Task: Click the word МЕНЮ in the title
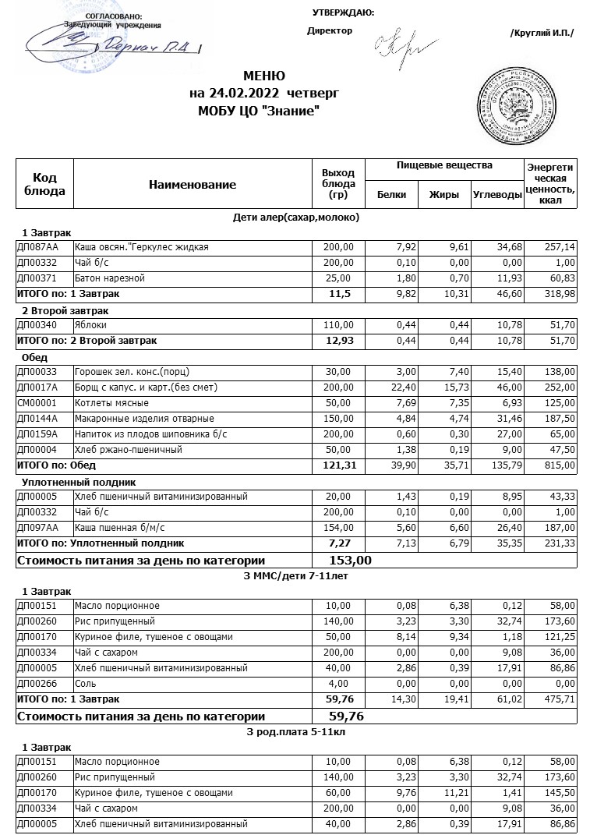click(x=264, y=76)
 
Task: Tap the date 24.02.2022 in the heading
click(x=231, y=94)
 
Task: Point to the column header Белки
click(x=391, y=195)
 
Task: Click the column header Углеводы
click(x=496, y=195)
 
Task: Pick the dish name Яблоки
click(x=91, y=325)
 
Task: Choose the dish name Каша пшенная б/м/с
click(x=114, y=528)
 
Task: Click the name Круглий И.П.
click(x=542, y=32)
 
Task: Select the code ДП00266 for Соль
click(x=37, y=684)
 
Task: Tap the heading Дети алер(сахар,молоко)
click(x=296, y=217)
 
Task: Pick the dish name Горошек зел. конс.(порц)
click(x=126, y=372)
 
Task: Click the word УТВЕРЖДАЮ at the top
click(x=342, y=12)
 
